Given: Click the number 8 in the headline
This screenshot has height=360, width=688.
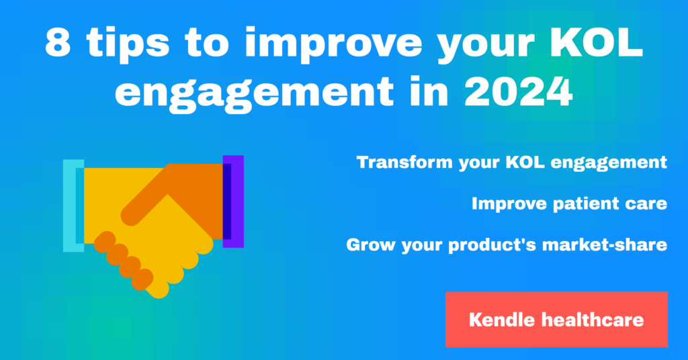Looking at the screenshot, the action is tap(58, 42).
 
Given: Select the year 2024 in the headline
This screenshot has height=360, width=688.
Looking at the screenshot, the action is tap(518, 92).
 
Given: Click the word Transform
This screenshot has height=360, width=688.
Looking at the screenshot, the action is tap(404, 163).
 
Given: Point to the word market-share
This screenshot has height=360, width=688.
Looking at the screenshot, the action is tap(605, 244).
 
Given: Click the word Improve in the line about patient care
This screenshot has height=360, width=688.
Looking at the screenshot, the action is tap(509, 204).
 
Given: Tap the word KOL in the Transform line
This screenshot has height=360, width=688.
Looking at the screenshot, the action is tap(525, 163).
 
